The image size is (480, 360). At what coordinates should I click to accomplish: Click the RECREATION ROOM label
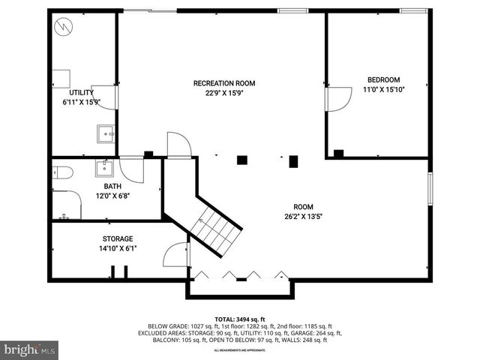[224, 82]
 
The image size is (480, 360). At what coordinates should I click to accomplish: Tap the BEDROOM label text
[383, 79]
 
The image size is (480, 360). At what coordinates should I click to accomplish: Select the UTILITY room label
[81, 92]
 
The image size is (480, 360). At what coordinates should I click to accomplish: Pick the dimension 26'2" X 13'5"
[303, 217]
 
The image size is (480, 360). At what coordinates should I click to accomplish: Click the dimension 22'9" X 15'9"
[224, 93]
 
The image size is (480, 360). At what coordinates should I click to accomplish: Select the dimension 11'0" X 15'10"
[383, 90]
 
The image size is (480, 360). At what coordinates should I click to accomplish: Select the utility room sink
[106, 133]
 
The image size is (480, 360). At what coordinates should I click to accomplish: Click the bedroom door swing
[339, 98]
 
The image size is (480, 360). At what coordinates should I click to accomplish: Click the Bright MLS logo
[30, 349]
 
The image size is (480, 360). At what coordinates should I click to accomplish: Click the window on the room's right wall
[430, 188]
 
